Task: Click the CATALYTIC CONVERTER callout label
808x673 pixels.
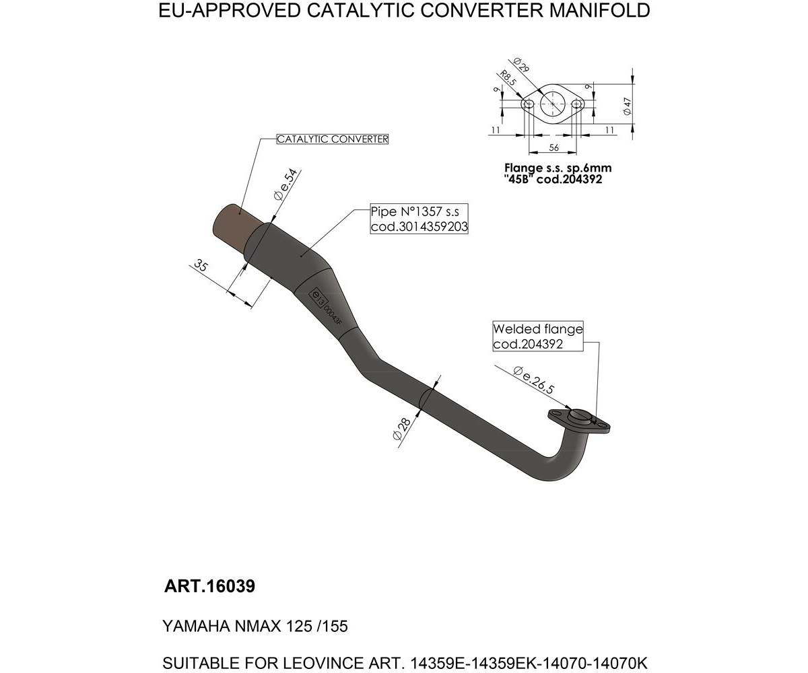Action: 333,139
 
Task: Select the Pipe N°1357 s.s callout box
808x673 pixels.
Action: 419,219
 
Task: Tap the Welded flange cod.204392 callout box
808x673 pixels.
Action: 537,336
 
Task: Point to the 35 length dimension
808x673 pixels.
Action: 200,265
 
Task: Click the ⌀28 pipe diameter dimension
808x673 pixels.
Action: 401,429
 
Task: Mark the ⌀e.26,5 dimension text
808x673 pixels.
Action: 533,380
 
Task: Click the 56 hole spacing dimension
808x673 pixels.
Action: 553,147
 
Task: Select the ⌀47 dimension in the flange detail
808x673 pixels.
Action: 627,106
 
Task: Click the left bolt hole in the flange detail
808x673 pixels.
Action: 529,104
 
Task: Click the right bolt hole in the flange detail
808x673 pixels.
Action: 576,104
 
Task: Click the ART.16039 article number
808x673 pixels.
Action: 209,586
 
